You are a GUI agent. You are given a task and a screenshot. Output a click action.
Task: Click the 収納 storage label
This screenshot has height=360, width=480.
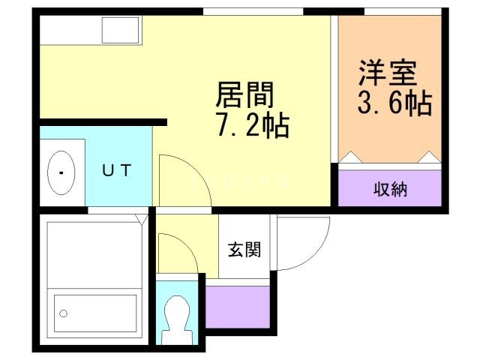(390, 188)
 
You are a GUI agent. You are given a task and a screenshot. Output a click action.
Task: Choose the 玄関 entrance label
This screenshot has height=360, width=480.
(244, 249)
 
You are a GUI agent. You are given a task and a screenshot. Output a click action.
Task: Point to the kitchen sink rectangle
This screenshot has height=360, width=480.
(121, 31)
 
